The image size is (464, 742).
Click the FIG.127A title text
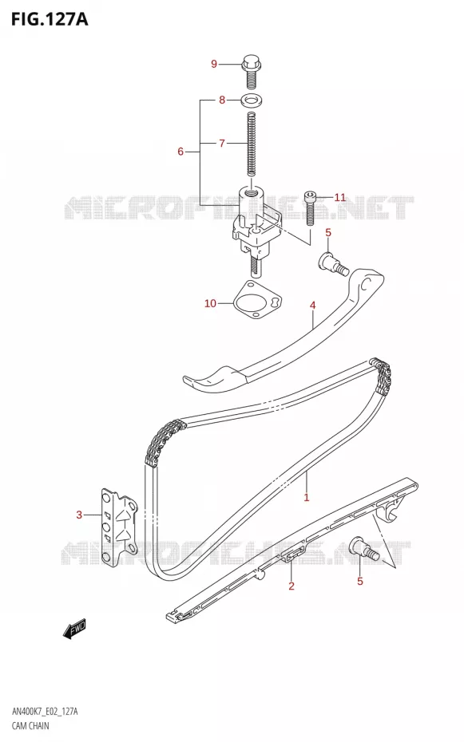pos(50,19)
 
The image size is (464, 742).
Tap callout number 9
pos(214,64)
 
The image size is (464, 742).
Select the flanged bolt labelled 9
pos(252,72)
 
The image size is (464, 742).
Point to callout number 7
pos(221,143)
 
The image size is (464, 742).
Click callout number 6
pos(180,152)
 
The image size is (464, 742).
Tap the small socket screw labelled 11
pos(310,207)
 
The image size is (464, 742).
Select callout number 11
pos(340,197)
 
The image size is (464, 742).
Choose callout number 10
pos(210,303)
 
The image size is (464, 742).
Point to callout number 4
pos(312,306)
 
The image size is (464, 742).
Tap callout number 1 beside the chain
pos(307,497)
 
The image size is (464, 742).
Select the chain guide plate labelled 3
pos(118,529)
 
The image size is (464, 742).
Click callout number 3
pos(79,515)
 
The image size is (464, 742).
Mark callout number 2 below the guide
pos(291,586)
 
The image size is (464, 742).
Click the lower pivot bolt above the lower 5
pos(364,548)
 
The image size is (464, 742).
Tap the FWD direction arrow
pos(75,630)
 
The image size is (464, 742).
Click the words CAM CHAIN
pos(30,725)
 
